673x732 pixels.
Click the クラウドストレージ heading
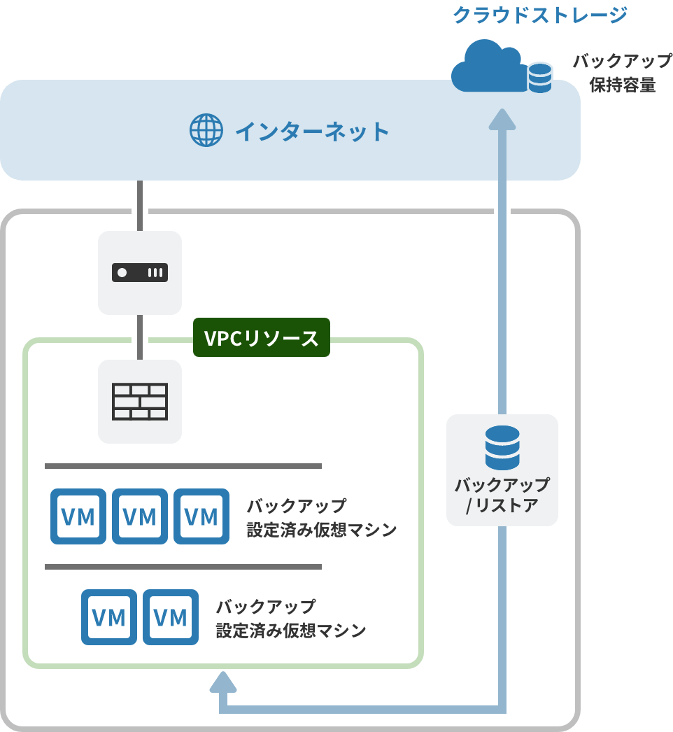pyautogui.click(x=539, y=15)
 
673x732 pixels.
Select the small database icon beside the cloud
pyautogui.click(x=539, y=78)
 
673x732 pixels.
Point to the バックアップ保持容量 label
pyautogui.click(x=622, y=73)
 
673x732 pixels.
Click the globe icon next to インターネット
pyautogui.click(x=206, y=130)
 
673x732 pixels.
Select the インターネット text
pyautogui.click(x=311, y=131)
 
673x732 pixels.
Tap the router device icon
pyautogui.click(x=140, y=272)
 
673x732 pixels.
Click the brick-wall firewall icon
pyautogui.click(x=140, y=402)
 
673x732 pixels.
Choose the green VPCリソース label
pyautogui.click(x=261, y=339)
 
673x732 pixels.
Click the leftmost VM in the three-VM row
pyautogui.click(x=78, y=516)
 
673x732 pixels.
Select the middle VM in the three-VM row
pyautogui.click(x=140, y=516)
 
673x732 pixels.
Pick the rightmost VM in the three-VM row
pyautogui.click(x=201, y=516)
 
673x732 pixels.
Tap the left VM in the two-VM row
pyautogui.click(x=109, y=617)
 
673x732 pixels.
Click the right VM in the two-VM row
pyautogui.click(x=171, y=617)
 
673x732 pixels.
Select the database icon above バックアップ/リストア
pyautogui.click(x=502, y=447)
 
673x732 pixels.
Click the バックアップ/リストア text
pyautogui.click(x=502, y=495)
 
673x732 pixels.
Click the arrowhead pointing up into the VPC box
pyautogui.click(x=222, y=681)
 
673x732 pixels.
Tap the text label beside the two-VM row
pyautogui.click(x=290, y=618)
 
